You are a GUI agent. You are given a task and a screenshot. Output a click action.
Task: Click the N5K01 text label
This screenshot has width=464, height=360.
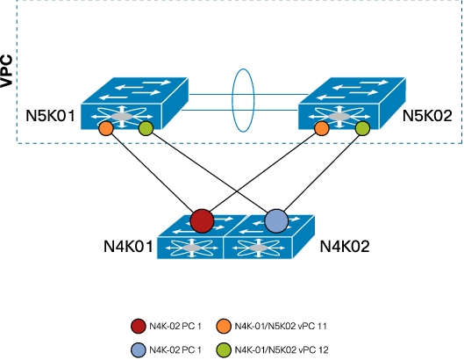51,116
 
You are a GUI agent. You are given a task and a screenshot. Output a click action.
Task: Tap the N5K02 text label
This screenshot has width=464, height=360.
427,116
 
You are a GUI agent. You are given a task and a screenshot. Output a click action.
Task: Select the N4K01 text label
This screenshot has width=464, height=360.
128,246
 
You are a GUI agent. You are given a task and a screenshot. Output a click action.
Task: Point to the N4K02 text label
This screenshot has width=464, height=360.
345,246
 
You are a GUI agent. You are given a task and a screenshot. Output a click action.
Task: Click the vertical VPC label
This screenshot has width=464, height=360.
6,71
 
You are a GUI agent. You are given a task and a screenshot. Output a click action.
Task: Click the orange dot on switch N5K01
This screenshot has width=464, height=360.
105,128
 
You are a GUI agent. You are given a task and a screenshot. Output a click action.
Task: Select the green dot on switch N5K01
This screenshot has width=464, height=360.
146,128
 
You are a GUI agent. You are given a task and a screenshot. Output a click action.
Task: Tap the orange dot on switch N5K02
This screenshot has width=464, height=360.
321,128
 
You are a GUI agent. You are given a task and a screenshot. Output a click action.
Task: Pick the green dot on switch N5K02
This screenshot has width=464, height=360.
362,128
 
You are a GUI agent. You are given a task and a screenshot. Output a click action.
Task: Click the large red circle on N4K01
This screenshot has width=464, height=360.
202,221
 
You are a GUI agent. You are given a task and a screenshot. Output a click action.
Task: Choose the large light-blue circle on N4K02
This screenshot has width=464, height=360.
276,221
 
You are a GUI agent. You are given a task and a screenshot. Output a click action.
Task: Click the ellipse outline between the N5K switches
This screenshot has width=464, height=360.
232,100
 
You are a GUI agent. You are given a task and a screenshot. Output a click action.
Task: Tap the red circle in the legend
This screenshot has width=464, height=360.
139,327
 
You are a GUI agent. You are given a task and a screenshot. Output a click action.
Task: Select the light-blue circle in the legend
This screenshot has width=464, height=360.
139,350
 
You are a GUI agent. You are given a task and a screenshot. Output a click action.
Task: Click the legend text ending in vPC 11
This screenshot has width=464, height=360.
281,327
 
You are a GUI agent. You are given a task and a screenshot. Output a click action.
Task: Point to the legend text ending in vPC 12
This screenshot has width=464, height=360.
282,350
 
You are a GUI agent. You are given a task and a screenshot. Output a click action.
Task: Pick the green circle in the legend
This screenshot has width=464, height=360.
224,350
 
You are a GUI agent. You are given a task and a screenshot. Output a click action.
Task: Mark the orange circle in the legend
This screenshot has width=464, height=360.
224,327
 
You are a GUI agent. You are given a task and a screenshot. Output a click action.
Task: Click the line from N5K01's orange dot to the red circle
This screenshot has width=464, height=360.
152,173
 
